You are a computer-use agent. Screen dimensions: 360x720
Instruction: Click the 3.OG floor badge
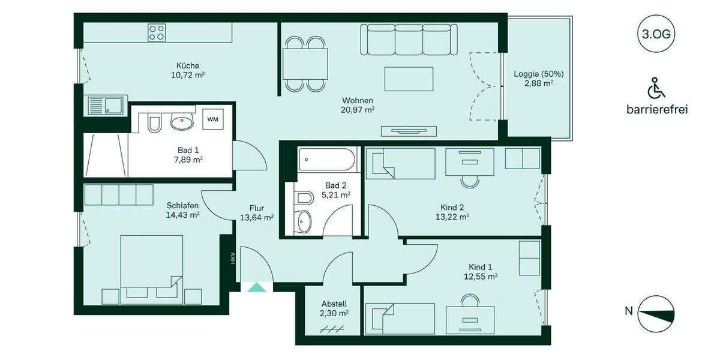pyautogui.click(x=656, y=34)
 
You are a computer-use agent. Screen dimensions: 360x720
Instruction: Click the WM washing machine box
pyautogui.click(x=212, y=119)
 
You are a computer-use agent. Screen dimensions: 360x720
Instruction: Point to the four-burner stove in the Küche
pyautogui.click(x=157, y=32)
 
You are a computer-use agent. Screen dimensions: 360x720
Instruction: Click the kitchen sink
pyautogui.click(x=105, y=106)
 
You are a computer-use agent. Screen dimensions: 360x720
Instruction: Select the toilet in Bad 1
pyautogui.click(x=154, y=122)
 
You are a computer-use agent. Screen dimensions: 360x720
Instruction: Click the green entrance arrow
pyautogui.click(x=257, y=287)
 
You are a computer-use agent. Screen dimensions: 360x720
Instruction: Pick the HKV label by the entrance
pyautogui.click(x=232, y=259)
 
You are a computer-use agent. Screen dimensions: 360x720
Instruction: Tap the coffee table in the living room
pyautogui.click(x=409, y=79)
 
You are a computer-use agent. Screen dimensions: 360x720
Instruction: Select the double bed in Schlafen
pyautogui.click(x=152, y=265)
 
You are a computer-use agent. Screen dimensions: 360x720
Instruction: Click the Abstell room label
pyautogui.click(x=334, y=304)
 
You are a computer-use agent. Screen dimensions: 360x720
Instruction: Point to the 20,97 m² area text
pyautogui.click(x=358, y=110)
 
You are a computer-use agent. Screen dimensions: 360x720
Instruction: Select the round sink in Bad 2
pyautogui.click(x=305, y=221)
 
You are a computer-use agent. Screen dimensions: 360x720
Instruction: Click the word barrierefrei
pyautogui.click(x=656, y=110)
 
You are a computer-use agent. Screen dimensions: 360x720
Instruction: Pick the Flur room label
pyautogui.click(x=257, y=208)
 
